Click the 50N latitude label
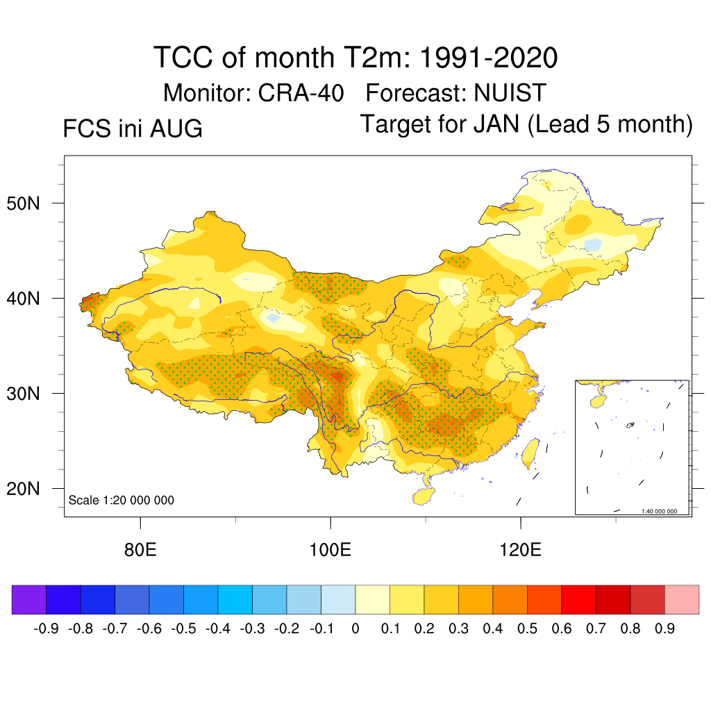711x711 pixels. (23, 203)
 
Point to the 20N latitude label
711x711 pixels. (23, 489)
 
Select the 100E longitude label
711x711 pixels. (330, 550)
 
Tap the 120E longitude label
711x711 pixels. (520, 550)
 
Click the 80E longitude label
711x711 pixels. (140, 550)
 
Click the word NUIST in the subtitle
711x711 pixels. (510, 93)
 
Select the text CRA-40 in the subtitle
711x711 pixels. (301, 93)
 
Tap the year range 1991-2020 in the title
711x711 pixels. (489, 58)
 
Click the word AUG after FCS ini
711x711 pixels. (176, 128)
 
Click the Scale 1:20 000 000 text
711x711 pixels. (121, 500)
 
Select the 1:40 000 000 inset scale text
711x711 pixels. (659, 511)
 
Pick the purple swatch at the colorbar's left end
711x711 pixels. (29, 599)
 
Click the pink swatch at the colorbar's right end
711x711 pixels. (682, 599)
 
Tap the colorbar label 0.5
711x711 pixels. (527, 628)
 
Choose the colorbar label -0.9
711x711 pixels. (47, 628)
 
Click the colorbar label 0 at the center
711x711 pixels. (355, 628)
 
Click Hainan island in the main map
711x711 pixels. (424, 496)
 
